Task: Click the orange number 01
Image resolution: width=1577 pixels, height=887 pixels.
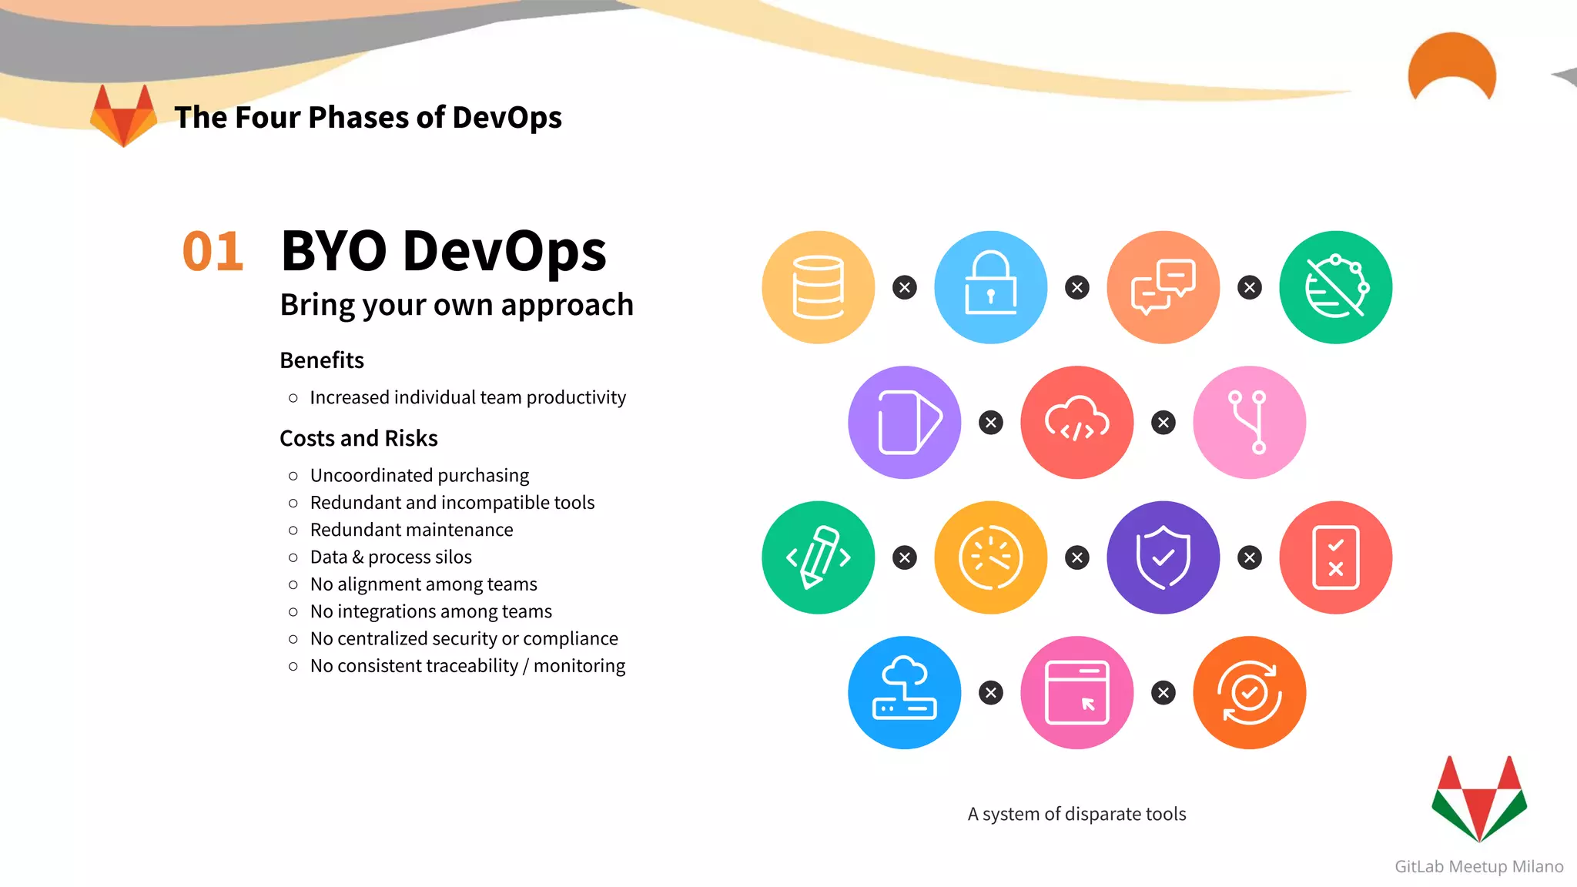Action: pos(213,252)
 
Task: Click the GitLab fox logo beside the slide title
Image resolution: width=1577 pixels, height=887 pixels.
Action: pos(123,116)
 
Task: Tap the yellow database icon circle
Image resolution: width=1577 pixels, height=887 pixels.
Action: pos(818,287)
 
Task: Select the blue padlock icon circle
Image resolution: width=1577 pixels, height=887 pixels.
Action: pos(990,287)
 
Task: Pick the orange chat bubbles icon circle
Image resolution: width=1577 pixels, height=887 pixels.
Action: pos(1163,287)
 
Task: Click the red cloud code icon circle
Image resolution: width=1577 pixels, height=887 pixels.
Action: pos(1076,422)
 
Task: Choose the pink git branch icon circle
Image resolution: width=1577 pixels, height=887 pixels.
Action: pos(1249,422)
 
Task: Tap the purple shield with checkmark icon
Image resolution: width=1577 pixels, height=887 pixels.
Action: pos(1163,557)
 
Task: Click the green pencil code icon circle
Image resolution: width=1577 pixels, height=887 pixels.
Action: pos(818,557)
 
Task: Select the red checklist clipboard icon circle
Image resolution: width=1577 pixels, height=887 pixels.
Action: pos(1335,557)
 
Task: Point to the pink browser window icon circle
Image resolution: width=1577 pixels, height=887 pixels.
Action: pos(1076,692)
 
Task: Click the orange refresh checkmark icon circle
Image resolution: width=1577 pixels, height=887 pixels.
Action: pos(1249,692)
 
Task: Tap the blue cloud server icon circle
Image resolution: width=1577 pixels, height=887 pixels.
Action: pos(904,692)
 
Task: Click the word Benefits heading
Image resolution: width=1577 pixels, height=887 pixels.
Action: pos(322,360)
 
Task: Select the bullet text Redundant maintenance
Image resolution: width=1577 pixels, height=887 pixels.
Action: pos(411,530)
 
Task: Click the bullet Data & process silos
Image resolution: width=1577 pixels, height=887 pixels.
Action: pos(390,557)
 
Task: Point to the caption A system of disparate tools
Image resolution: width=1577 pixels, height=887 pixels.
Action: pos(1076,814)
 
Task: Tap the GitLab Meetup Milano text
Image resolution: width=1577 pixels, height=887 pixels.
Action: pos(1478,866)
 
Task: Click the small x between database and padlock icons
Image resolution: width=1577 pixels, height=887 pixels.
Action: pos(904,287)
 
